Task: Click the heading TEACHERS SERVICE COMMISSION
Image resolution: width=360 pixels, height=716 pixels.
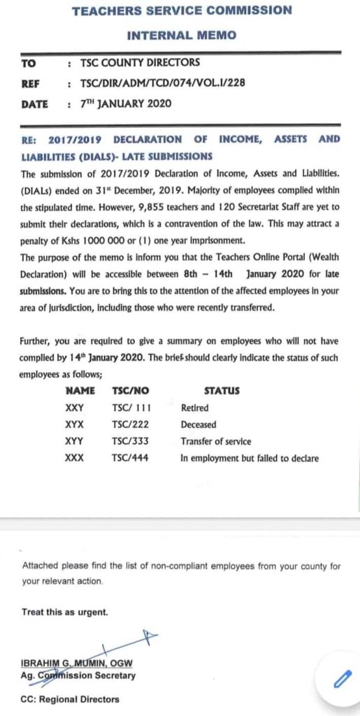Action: pyautogui.click(x=181, y=10)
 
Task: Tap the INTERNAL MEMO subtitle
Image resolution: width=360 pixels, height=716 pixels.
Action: pyautogui.click(x=181, y=35)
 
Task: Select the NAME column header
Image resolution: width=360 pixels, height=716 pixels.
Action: pyautogui.click(x=79, y=391)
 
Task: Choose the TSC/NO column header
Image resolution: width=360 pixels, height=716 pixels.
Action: pyautogui.click(x=130, y=391)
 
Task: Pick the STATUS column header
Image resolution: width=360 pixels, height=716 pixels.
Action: pyautogui.click(x=222, y=391)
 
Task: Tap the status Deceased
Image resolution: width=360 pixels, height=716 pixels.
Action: pyautogui.click(x=198, y=424)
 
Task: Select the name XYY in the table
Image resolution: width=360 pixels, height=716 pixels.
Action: pyautogui.click(x=74, y=441)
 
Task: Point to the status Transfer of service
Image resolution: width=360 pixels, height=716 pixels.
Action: pyautogui.click(x=215, y=441)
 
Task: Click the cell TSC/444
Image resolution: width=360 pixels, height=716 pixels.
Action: pyautogui.click(x=130, y=458)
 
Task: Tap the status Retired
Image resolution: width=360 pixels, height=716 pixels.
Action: pyautogui.click(x=194, y=408)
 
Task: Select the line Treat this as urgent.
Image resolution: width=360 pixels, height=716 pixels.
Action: pyautogui.click(x=65, y=612)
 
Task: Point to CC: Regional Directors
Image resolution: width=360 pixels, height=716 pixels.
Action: pyautogui.click(x=71, y=699)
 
